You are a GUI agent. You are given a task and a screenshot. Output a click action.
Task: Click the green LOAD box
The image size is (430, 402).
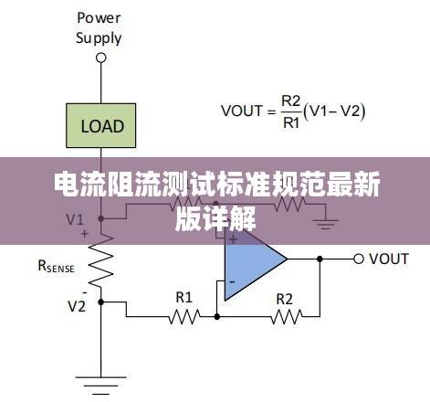(x=101, y=125)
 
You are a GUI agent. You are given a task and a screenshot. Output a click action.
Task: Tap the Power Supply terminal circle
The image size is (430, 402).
(x=101, y=58)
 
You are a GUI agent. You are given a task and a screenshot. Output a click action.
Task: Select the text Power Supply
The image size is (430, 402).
(x=99, y=28)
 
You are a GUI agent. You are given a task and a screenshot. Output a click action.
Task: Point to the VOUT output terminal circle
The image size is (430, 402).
(x=359, y=259)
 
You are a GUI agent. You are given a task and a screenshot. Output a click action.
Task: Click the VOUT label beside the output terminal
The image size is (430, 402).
(x=389, y=259)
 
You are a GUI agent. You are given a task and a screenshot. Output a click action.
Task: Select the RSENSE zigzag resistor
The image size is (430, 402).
(x=101, y=261)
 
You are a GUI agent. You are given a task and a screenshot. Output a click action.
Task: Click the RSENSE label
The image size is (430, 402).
(x=57, y=266)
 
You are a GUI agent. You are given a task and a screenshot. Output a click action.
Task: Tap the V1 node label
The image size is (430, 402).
(x=75, y=219)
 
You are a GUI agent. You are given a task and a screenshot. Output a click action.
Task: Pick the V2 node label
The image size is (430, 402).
(x=77, y=306)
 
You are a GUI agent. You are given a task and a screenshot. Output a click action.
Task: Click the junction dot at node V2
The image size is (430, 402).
(x=101, y=302)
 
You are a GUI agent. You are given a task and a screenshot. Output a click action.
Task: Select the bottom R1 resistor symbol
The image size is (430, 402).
(x=184, y=317)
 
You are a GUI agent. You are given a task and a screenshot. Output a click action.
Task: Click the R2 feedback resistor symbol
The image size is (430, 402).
(x=287, y=317)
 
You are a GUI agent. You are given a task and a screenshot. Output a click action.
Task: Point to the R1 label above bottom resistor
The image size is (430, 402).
(x=184, y=297)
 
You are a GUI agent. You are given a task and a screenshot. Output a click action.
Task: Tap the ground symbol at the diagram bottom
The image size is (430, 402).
(x=101, y=386)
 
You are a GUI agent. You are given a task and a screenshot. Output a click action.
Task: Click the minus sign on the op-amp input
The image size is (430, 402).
(x=232, y=282)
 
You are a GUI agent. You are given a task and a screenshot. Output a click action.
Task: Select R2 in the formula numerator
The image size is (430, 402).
(x=291, y=101)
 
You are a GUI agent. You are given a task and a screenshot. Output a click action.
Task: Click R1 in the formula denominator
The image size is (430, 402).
(x=291, y=123)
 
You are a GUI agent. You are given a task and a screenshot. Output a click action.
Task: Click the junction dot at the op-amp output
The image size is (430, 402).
(x=320, y=259)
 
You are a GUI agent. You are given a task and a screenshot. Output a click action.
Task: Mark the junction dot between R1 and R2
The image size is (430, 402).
(x=217, y=317)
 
